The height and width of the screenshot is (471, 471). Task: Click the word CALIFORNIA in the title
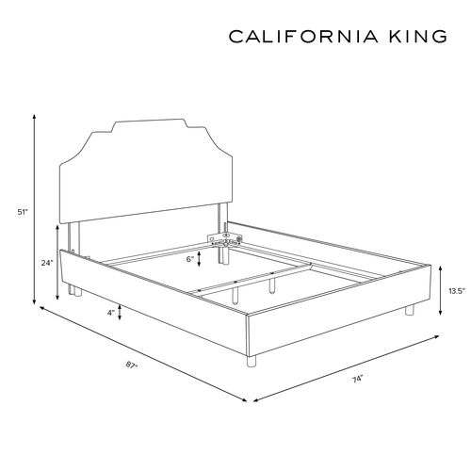coord(303,37)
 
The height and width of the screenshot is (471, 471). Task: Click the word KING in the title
coord(418,37)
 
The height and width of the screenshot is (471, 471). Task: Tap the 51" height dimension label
coord(23,212)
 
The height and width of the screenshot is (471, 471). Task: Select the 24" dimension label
coord(47,263)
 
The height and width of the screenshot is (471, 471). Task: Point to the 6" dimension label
coord(190,259)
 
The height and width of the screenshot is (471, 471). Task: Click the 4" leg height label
coord(111,313)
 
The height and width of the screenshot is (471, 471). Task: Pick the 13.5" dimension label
coord(457,291)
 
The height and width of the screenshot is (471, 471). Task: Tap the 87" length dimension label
coord(132,365)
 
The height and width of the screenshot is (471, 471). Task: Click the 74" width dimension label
coord(357,379)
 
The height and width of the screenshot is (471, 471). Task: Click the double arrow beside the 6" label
coord(199,259)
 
